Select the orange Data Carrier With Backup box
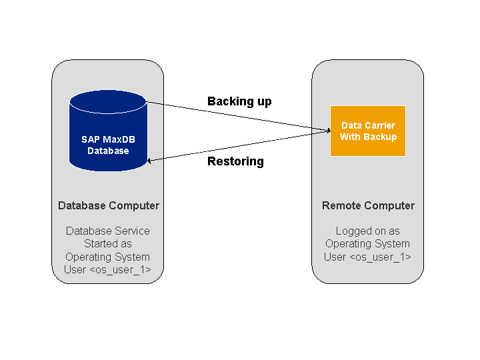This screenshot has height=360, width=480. click(x=368, y=131)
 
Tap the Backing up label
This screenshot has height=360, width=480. click(x=239, y=101)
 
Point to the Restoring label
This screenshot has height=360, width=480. click(x=235, y=161)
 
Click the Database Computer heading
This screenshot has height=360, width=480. click(x=109, y=205)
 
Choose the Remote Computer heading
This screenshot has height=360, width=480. click(x=368, y=205)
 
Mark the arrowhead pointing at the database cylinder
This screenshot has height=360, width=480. click(x=150, y=160)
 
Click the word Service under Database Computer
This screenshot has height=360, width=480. click(x=131, y=231)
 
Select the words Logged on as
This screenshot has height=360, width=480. click(x=368, y=231)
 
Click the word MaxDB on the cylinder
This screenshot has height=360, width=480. click(x=119, y=139)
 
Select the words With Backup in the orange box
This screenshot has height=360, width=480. click(x=368, y=137)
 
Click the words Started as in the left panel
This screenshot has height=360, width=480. click(x=108, y=243)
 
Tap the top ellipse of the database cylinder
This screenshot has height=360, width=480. click(x=108, y=102)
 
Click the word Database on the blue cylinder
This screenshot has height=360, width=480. click(x=108, y=151)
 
